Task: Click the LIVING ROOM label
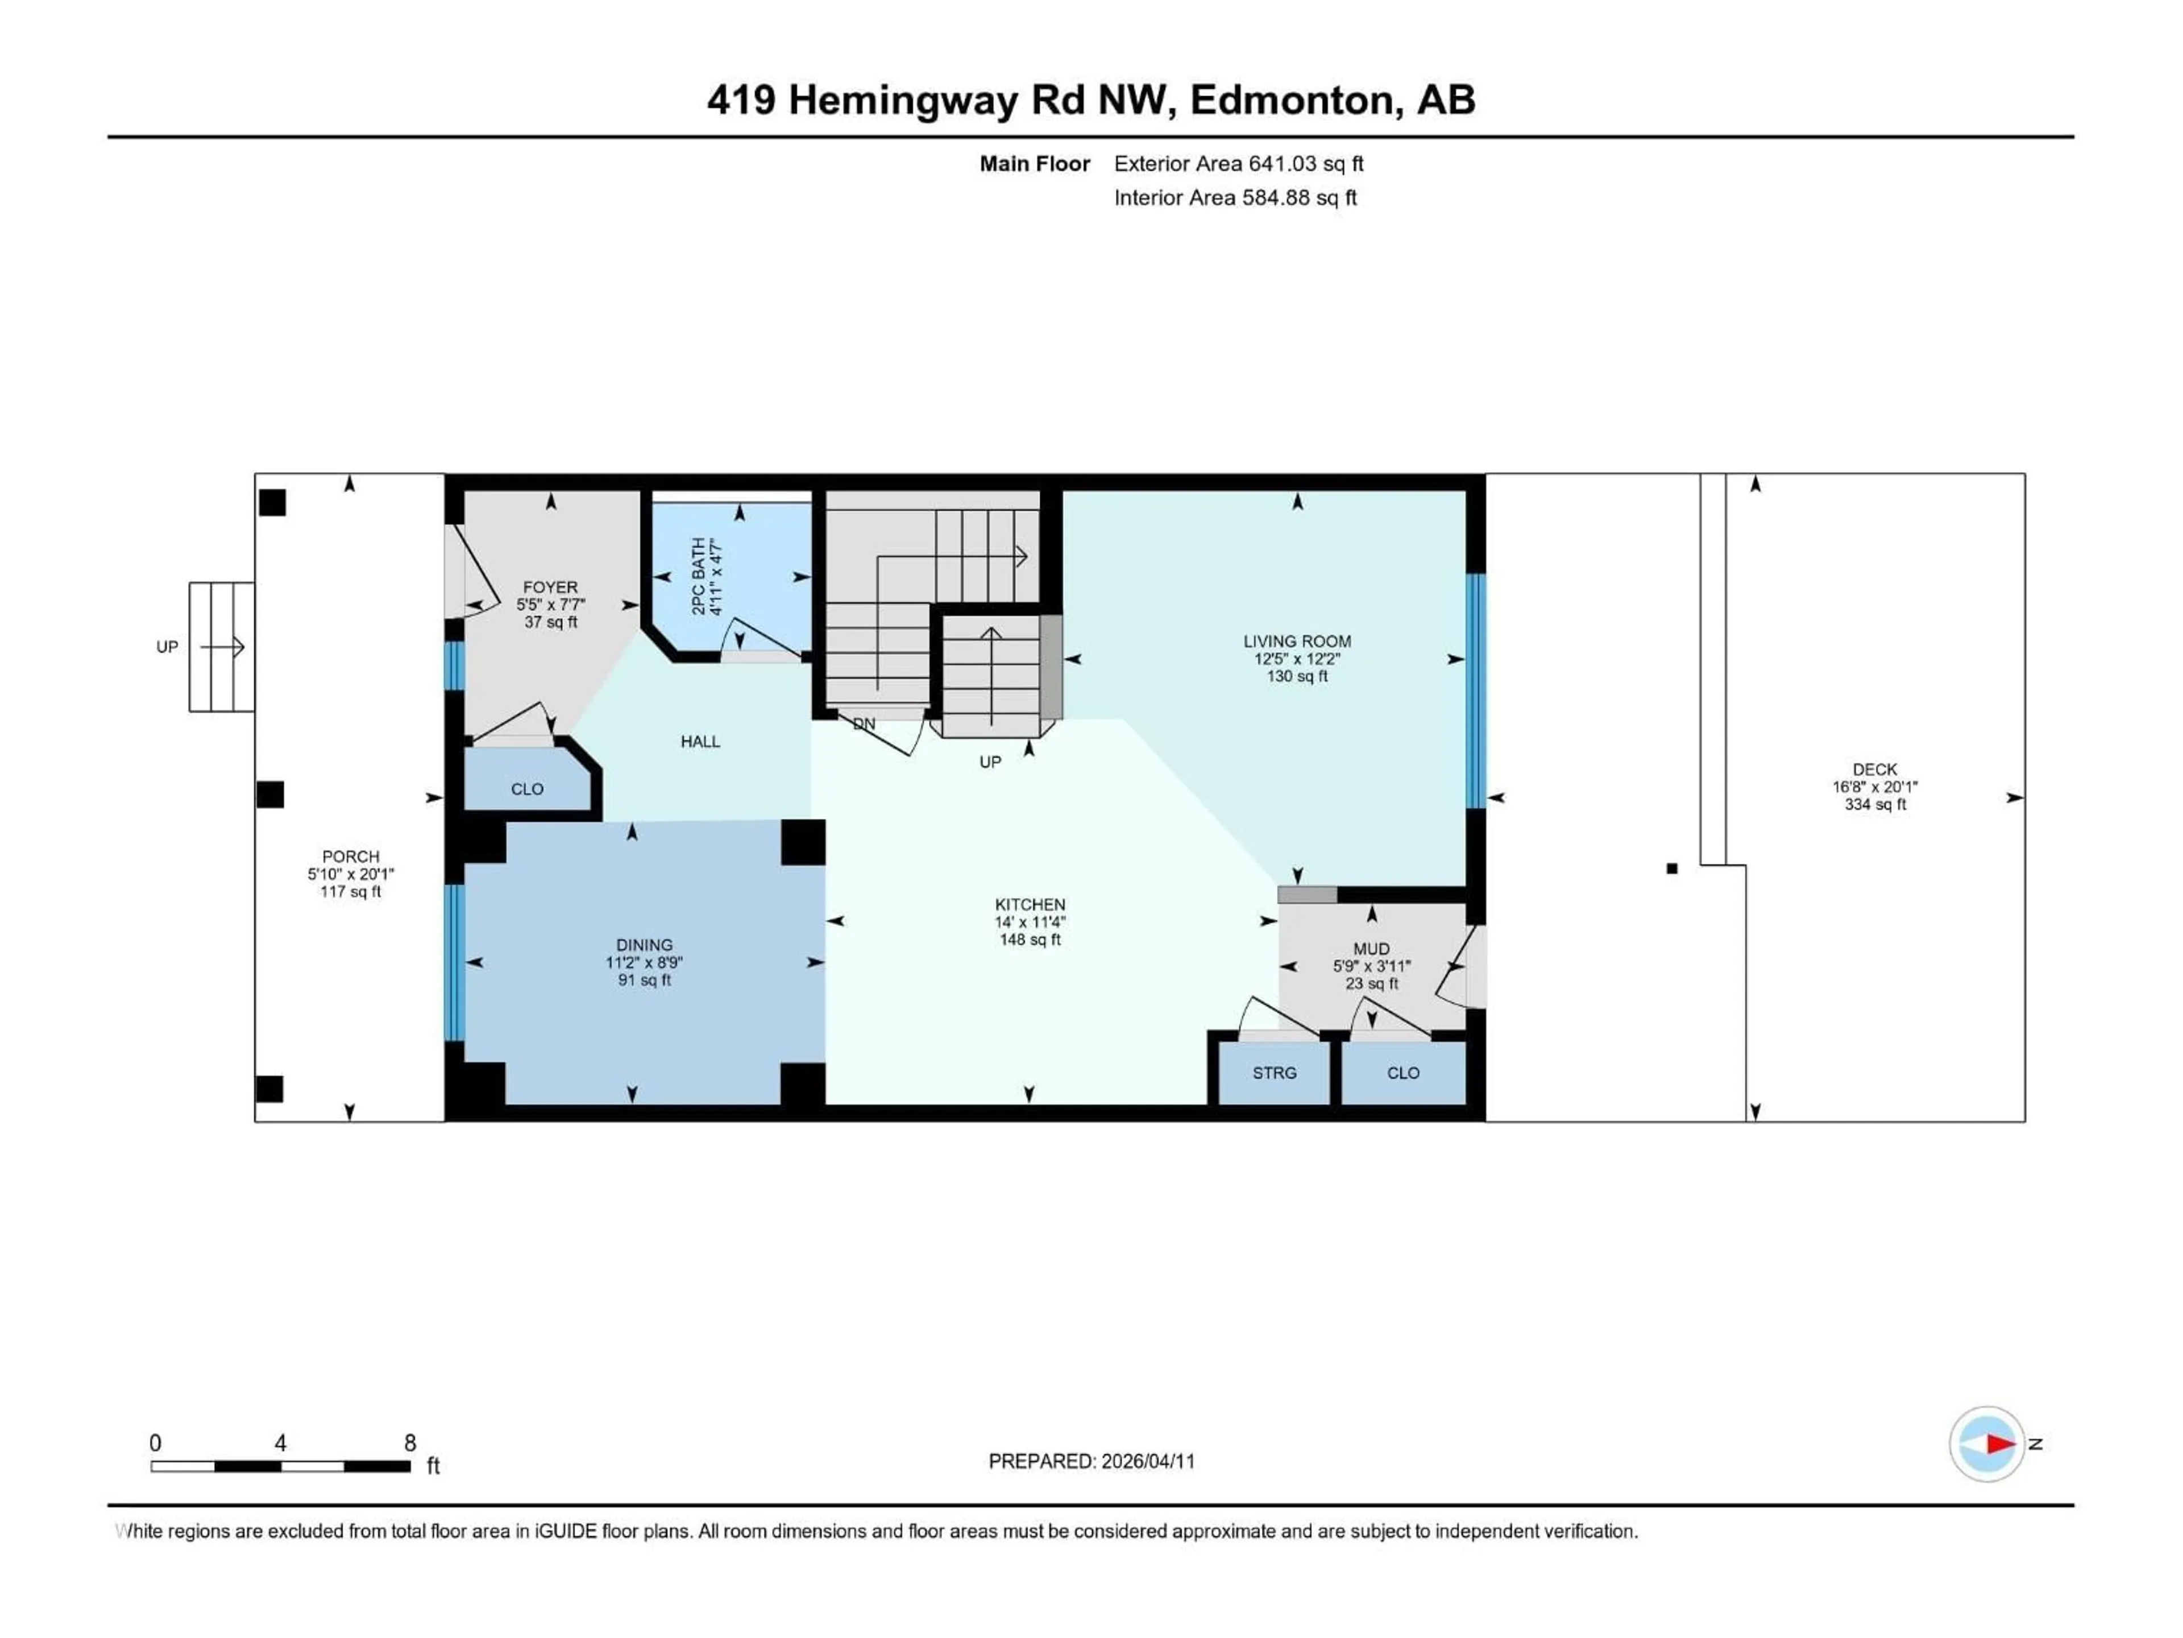pyautogui.click(x=1297, y=641)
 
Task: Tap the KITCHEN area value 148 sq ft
pyautogui.click(x=1030, y=940)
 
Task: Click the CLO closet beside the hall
pyautogui.click(x=527, y=789)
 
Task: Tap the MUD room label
pyautogui.click(x=1371, y=949)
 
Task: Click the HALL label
pyautogui.click(x=700, y=742)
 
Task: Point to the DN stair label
pyautogui.click(x=864, y=723)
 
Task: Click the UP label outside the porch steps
pyautogui.click(x=167, y=647)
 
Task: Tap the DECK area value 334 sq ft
pyautogui.click(x=1874, y=805)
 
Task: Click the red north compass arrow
pyautogui.click(x=2001, y=1443)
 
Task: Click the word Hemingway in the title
pyautogui.click(x=902, y=101)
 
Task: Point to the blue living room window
pyautogui.click(x=1475, y=691)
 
